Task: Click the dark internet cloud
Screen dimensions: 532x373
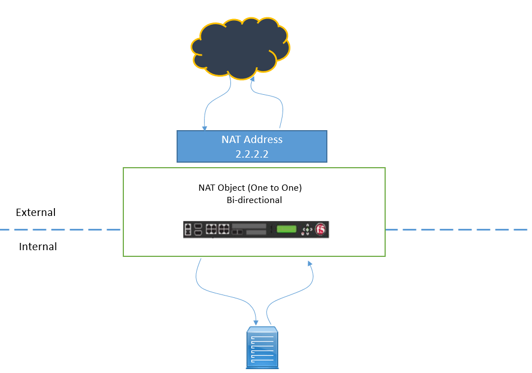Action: [240, 48]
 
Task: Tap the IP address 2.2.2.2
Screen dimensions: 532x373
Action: [252, 154]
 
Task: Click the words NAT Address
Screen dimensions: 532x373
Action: [252, 140]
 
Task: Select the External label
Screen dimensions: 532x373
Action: [36, 213]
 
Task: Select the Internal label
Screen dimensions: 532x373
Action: [38, 246]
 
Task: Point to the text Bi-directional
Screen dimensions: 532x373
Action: [254, 200]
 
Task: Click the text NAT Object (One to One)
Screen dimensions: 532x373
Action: [250, 188]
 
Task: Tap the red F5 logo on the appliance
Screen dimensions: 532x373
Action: [320, 229]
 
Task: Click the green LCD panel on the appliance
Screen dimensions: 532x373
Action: [286, 229]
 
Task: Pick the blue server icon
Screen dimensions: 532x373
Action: [262, 347]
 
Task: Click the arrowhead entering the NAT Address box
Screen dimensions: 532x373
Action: [205, 128]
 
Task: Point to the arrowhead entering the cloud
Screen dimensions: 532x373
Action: [252, 79]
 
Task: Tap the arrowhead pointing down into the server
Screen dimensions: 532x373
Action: [256, 323]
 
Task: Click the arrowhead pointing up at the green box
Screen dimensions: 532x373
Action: [309, 264]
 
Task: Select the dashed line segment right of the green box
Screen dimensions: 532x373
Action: [456, 230]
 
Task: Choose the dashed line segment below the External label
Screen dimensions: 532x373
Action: [60, 230]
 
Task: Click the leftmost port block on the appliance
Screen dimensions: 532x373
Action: [188, 229]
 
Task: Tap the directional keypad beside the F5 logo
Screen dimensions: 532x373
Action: [307, 229]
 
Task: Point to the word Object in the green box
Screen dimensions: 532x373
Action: [232, 188]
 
